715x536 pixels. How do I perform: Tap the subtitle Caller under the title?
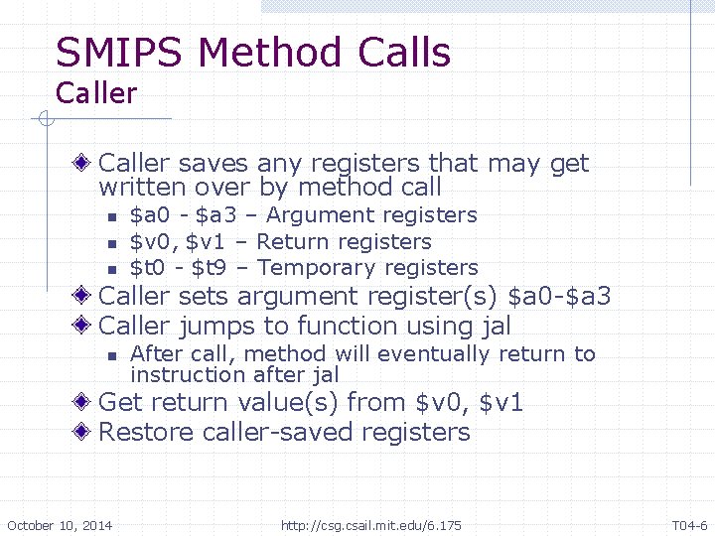coord(96,94)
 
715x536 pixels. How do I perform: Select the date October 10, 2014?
coord(60,525)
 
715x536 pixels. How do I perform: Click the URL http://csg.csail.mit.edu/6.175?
coord(371,525)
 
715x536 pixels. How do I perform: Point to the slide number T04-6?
coord(689,525)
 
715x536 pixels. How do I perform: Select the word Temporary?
coord(317,268)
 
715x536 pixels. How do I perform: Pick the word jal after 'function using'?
coord(492,326)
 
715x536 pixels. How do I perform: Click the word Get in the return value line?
coord(121,403)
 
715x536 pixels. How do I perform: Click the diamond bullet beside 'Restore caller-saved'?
coord(87,433)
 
